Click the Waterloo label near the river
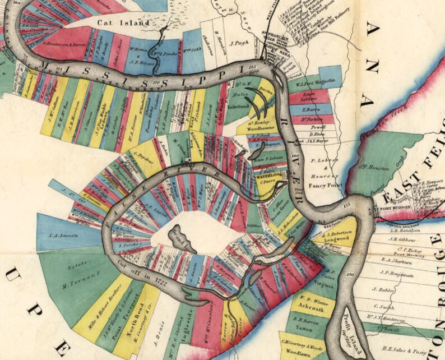pos(266,176)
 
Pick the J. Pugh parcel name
pos(239,42)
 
